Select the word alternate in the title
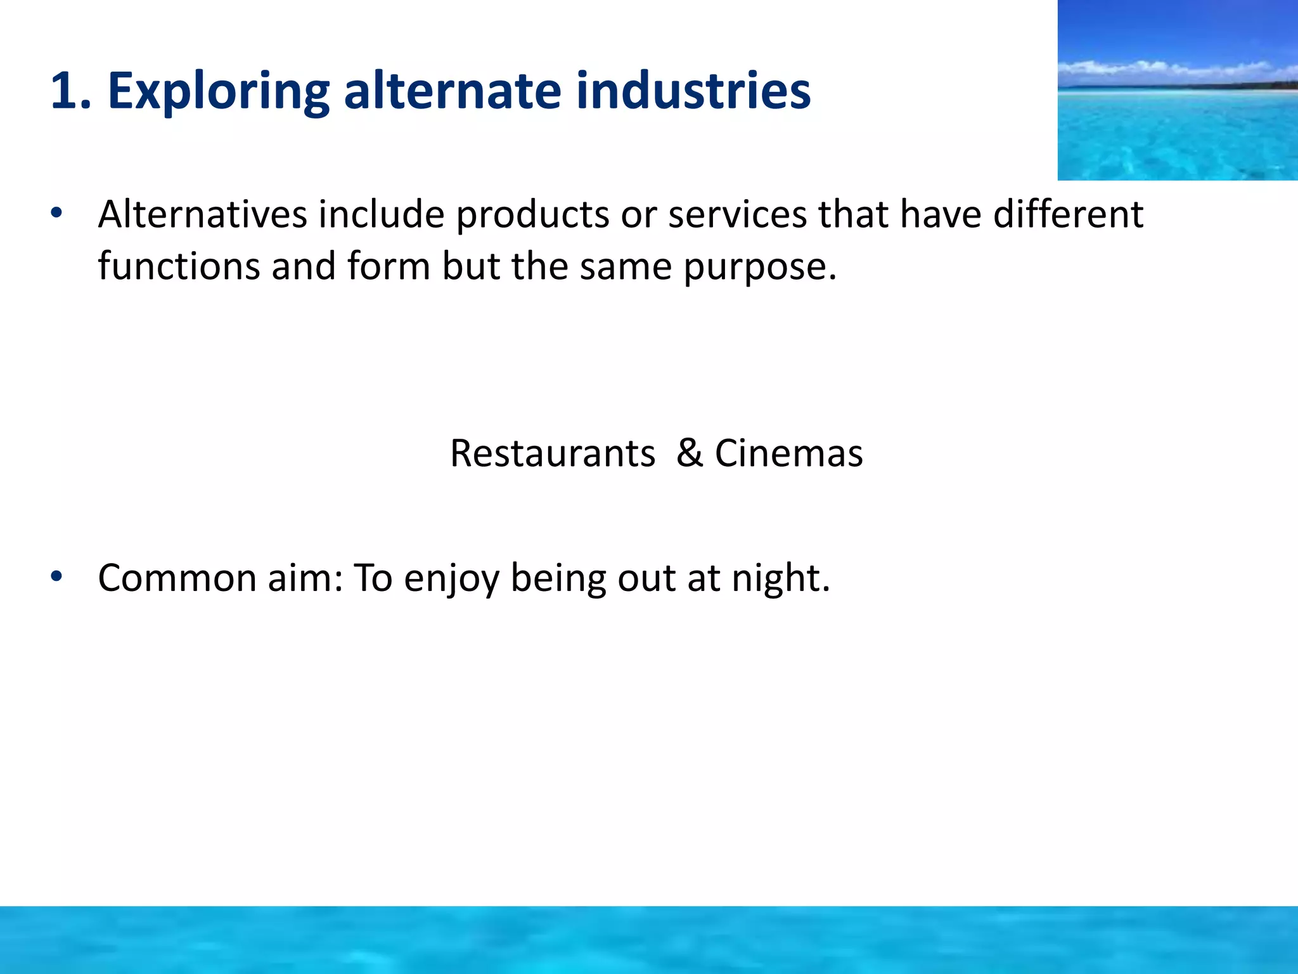452,91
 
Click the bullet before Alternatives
57,213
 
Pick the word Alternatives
202,214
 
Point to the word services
737,214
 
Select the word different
1068,214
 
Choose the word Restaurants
552,453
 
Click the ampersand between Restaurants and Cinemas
690,453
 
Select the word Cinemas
788,453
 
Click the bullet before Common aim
57,576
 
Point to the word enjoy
451,579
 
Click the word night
780,579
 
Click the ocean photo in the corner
1178,90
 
